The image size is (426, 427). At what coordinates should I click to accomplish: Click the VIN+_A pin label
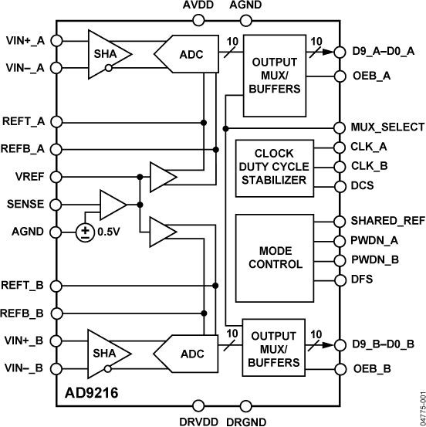point(23,40)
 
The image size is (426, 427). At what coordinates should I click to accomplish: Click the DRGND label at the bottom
point(246,421)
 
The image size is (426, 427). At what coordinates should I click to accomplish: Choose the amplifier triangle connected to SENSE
point(113,205)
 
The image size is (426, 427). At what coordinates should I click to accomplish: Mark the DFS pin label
point(362,278)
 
